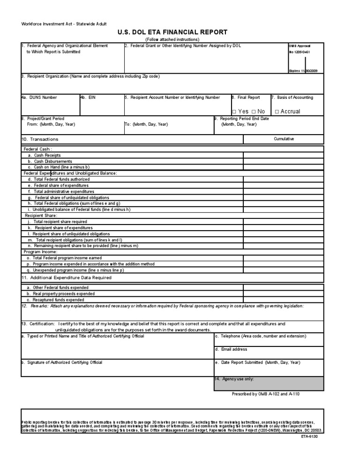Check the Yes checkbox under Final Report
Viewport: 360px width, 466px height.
pyautogui.click(x=234, y=112)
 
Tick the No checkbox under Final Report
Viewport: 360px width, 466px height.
pyautogui.click(x=253, y=112)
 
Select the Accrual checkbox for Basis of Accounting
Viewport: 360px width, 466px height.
pyautogui.click(x=277, y=112)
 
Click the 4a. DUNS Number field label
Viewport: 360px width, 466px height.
pyautogui.click(x=39, y=98)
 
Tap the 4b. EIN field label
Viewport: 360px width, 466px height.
pyautogui.click(x=88, y=98)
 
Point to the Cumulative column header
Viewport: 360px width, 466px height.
pyautogui.click(x=284, y=139)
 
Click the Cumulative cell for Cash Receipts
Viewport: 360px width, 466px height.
pyautogui.click(x=283, y=155)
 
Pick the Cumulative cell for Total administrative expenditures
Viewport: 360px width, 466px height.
pyautogui.click(x=283, y=191)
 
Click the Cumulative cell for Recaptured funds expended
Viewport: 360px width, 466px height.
pyautogui.click(x=283, y=300)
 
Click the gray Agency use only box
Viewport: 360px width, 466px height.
pyautogui.click(x=268, y=383)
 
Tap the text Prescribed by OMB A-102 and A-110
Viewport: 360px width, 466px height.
pyautogui.click(x=266, y=394)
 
